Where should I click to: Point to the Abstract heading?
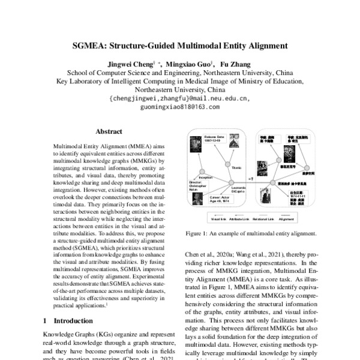[109, 131]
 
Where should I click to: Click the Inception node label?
[206, 177]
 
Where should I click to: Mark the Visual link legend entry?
[199, 219]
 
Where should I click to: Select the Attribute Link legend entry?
[227, 219]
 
